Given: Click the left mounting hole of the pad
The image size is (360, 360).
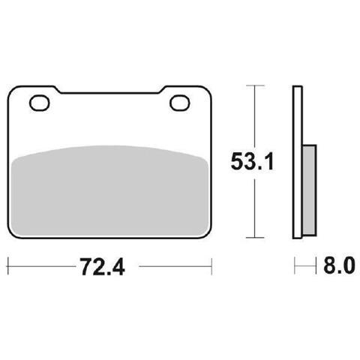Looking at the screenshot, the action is (40, 103).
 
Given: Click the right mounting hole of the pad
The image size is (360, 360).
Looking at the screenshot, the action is (180, 103).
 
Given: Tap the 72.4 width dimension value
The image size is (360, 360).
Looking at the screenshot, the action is (102, 266).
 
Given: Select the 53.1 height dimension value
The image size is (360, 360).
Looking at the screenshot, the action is (252, 161).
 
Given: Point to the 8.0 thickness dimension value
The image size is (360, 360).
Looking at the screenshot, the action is (339, 265).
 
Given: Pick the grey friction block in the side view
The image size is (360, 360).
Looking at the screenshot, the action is (309, 190).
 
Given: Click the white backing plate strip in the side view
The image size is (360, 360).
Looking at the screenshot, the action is (298, 162).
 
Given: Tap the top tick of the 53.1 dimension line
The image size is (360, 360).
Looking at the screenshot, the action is (255, 85).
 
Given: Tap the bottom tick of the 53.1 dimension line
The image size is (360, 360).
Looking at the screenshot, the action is (255, 238).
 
